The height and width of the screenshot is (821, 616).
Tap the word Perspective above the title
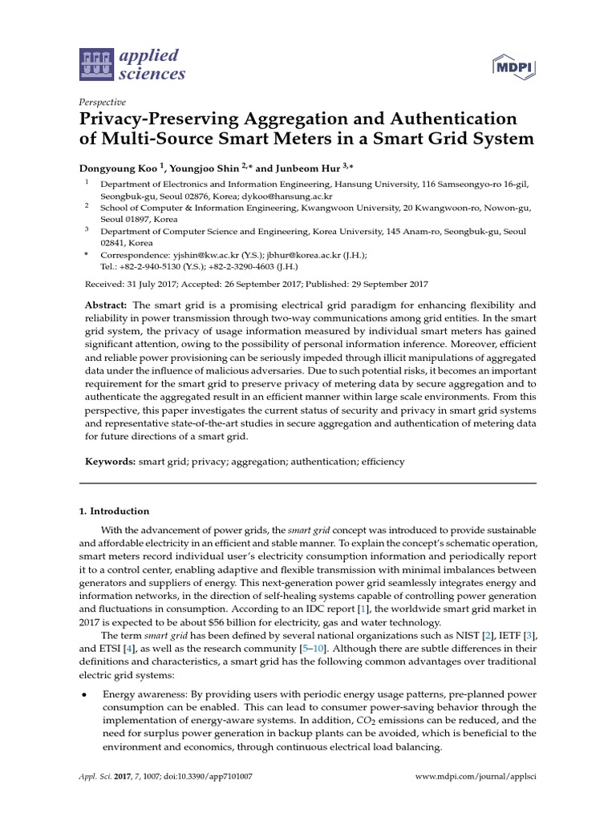[x=103, y=103]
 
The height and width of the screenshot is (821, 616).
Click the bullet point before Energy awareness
[x=86, y=694]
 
